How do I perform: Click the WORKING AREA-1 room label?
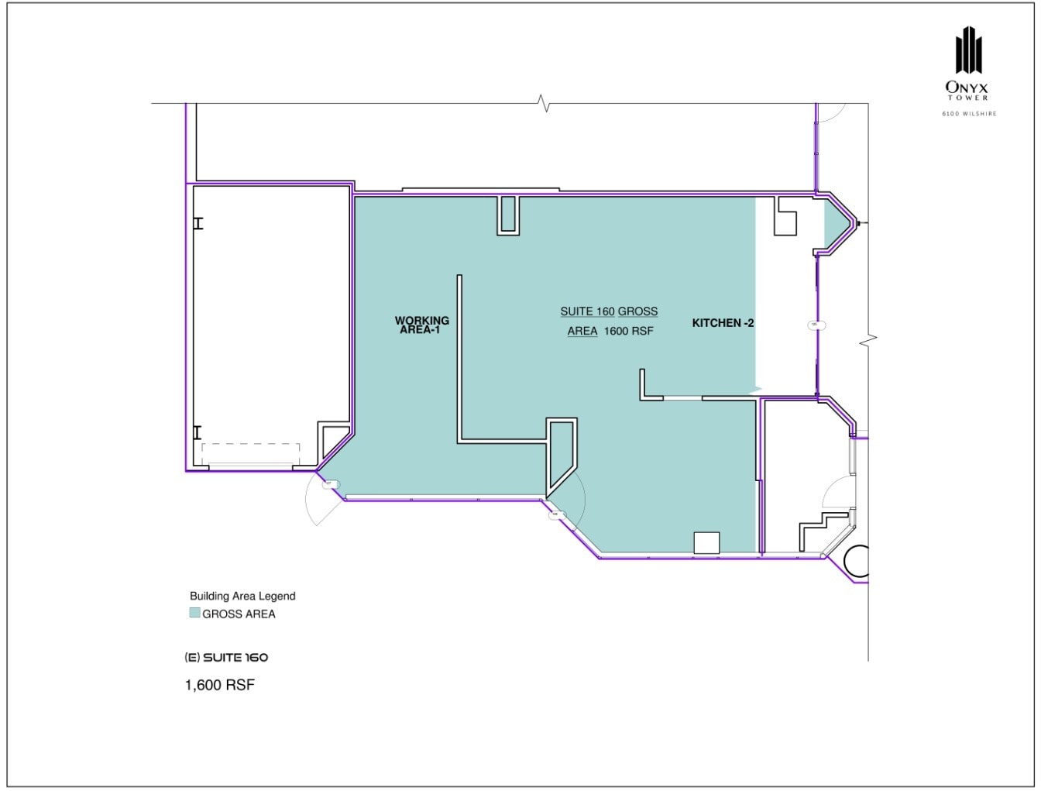pos(421,325)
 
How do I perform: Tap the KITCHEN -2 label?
pos(723,323)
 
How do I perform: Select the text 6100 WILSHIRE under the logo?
pos(969,114)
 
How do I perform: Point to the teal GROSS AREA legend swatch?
pos(195,614)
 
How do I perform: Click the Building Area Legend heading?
pos(242,596)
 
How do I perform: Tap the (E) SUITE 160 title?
pos(226,657)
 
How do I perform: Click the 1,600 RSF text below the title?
pos(220,685)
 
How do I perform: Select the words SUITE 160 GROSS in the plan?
pos(609,311)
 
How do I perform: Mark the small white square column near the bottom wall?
pos(706,542)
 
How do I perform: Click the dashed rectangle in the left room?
pos(250,453)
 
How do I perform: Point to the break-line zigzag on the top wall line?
pos(545,103)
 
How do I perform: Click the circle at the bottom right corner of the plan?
pos(858,562)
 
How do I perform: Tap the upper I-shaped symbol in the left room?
pos(198,223)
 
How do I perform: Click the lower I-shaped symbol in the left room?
pos(198,432)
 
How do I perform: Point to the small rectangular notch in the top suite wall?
pos(508,215)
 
